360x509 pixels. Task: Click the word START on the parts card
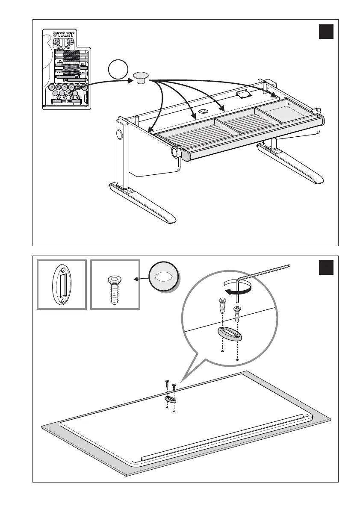[64, 34]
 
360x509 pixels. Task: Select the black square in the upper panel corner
[326, 32]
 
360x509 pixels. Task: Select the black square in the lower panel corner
[326, 268]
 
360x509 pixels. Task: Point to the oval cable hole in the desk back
[201, 112]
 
